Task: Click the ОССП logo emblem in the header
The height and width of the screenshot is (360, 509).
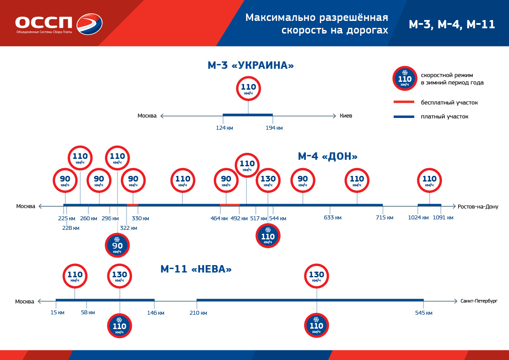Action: coord(89,24)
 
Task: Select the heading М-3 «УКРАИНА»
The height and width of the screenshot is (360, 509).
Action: coord(251,66)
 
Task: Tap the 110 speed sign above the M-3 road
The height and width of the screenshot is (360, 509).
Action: coord(248,88)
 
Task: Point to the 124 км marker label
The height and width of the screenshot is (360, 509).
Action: coord(224,128)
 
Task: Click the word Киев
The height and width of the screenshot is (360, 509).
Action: coord(346,116)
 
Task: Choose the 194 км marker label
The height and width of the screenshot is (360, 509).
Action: coord(274,128)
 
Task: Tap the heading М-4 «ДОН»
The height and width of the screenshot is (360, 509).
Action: coord(328,156)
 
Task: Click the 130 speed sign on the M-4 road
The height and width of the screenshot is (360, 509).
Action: coord(268,181)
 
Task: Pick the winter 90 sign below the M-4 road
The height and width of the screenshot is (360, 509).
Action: coord(117,246)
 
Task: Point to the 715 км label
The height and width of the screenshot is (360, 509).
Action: coord(385,218)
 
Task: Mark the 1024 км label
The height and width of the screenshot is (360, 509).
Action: coord(418,218)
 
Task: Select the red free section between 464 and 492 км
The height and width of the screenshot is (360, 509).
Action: coord(229,205)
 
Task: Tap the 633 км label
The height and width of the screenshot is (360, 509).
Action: coord(333,218)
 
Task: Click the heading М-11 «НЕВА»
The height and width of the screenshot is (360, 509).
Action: coord(196,269)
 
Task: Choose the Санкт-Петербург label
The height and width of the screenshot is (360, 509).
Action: coord(479,301)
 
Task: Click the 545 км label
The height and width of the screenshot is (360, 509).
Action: coord(424,313)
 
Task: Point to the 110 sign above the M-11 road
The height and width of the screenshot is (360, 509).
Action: coord(75,276)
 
